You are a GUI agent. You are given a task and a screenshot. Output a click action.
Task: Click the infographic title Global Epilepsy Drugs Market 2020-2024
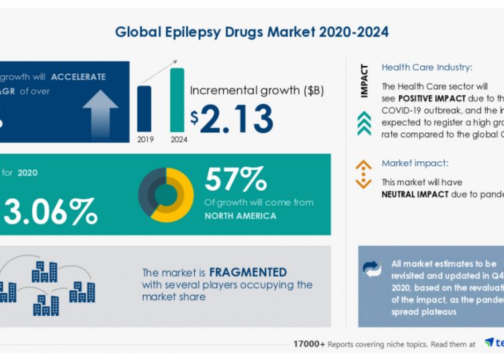tap(251, 32)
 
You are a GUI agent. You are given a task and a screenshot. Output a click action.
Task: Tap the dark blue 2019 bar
tap(144, 109)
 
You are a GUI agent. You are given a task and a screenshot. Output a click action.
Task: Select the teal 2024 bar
tap(177, 100)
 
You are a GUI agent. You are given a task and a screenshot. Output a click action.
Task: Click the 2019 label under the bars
tap(144, 139)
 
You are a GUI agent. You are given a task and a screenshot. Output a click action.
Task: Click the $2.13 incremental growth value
tap(232, 119)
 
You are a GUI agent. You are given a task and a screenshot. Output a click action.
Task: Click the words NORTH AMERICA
tap(241, 216)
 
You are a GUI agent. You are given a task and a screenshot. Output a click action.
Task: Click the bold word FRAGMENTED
tap(248, 273)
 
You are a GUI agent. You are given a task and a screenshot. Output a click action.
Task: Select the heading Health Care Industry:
tap(427, 67)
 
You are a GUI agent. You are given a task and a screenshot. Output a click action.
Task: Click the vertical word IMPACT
tap(364, 81)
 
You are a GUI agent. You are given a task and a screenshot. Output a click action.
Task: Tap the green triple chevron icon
tap(364, 124)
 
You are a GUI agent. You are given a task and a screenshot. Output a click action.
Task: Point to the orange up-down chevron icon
tap(364, 174)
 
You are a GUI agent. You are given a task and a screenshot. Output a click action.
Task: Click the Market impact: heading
tap(414, 163)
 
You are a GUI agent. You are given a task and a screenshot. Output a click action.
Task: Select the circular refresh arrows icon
tap(372, 269)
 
